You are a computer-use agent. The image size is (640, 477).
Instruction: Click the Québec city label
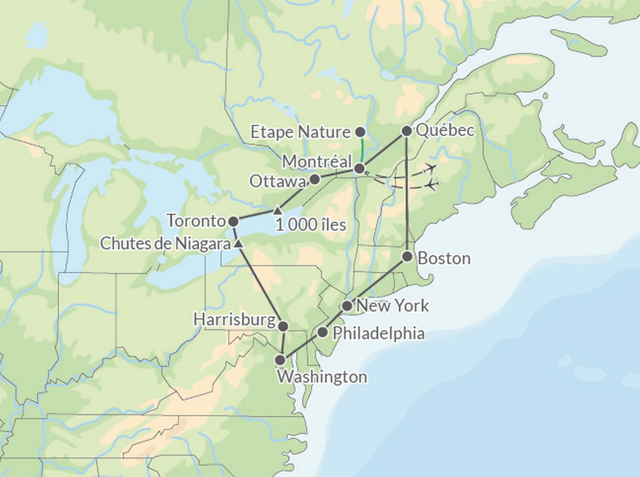[445, 130]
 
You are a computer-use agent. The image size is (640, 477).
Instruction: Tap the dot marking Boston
[407, 257]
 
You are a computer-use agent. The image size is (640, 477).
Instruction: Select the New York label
[392, 306]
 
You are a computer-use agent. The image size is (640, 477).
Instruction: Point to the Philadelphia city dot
[322, 332]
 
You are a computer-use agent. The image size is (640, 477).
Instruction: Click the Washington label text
[322, 377]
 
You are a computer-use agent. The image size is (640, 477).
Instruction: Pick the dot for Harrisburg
[283, 326]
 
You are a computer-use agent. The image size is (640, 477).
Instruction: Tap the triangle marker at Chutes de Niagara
[238, 244]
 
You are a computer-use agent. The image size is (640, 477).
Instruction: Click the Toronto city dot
[234, 221]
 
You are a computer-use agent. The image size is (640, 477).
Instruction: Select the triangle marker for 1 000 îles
[278, 210]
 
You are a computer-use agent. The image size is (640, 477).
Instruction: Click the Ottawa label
[278, 182]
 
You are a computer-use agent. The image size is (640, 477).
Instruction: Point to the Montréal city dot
[359, 168]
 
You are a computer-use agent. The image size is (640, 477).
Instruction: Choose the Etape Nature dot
[360, 132]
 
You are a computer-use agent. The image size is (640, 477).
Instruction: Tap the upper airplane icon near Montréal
[432, 167]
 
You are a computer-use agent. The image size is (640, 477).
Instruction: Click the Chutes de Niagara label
[165, 244]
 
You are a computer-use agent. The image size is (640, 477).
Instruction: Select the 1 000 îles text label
[311, 225]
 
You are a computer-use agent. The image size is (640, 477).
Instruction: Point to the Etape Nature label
[300, 132]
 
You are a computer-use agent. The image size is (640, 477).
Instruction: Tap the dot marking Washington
[280, 360]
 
